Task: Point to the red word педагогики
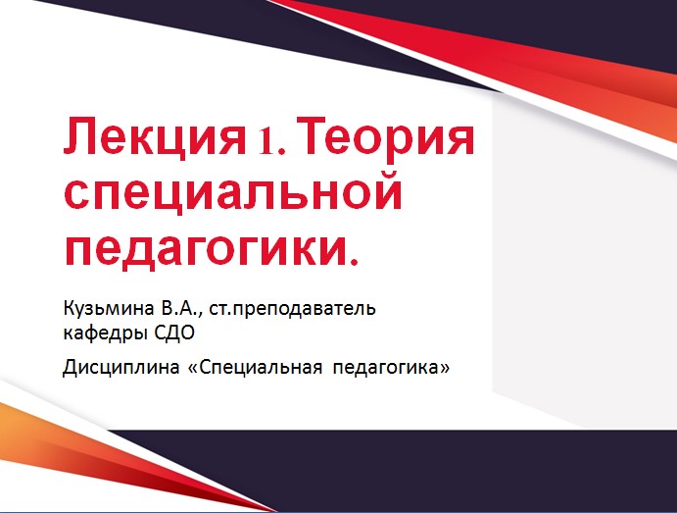pyautogui.click(x=200, y=245)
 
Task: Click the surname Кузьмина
pyautogui.click(x=102, y=310)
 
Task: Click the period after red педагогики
pyautogui.click(x=354, y=261)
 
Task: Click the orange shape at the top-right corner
pyautogui.click(x=647, y=108)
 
